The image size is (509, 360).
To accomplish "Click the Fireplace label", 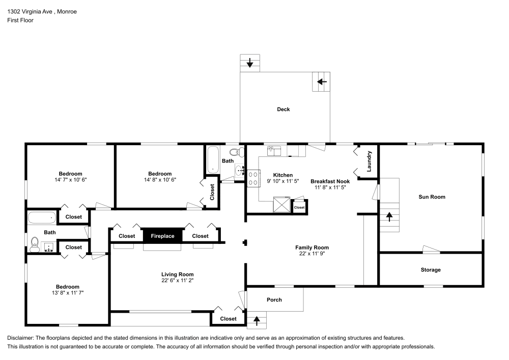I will tap(162, 236).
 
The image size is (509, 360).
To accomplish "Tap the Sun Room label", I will tap(432, 197).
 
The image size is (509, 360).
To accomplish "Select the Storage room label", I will tap(431, 270).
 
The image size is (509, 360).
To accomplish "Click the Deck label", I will tap(284, 109).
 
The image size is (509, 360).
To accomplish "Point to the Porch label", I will tap(274, 299).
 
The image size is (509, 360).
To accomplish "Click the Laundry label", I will tap(370, 161).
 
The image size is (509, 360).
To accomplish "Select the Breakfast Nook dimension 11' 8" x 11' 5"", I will tap(330, 187).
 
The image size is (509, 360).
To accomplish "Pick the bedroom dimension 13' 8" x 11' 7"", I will tap(68, 293).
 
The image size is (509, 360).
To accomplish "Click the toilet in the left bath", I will tap(35, 244).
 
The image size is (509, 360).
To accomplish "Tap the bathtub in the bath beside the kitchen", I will tap(212, 159).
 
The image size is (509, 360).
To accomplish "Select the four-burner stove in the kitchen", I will tap(252, 178).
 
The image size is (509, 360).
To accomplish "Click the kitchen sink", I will tap(274, 150).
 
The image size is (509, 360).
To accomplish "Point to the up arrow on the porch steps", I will tap(257, 321).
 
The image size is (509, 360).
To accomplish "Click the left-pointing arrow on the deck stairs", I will tap(322, 81).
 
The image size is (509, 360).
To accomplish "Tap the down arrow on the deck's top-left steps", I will tap(250, 63).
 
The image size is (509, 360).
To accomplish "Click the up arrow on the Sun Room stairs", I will tap(390, 215).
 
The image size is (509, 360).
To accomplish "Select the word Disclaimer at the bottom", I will tap(20, 338).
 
